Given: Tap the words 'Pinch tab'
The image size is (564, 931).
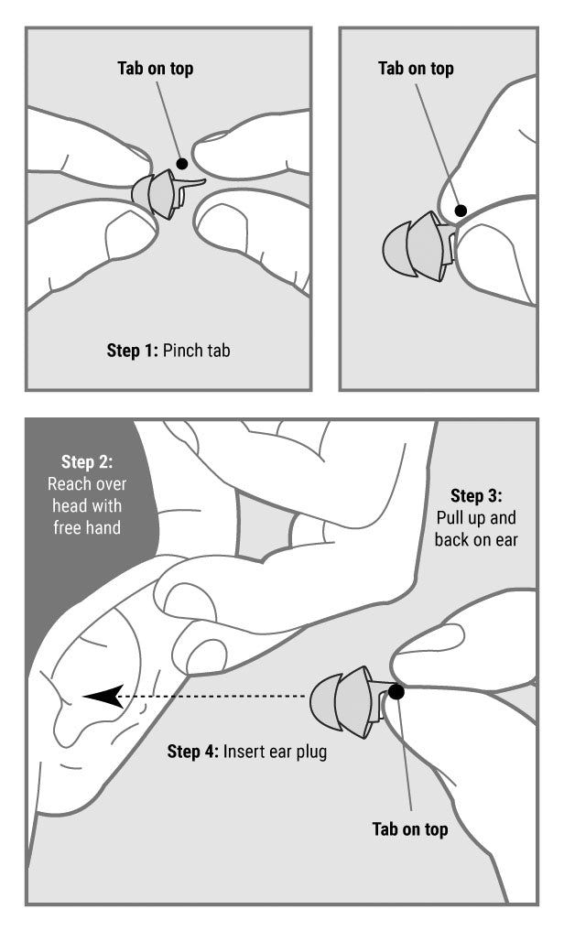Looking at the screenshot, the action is coord(197,351).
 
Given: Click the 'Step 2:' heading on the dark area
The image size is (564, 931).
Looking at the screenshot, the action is coord(87,461).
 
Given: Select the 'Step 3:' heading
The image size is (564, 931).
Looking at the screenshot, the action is coord(476,495).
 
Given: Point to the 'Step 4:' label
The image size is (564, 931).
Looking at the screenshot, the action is coord(193,752).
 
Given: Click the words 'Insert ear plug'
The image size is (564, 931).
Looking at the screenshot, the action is coord(275,752).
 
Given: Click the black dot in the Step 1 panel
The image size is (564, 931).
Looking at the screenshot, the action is coord(182,163).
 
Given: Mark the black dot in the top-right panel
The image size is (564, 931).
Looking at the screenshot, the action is coord(461,211).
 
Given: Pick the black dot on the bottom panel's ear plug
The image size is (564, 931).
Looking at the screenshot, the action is coord(396,692).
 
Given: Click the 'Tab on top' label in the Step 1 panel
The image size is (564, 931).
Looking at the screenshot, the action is coord(156,69).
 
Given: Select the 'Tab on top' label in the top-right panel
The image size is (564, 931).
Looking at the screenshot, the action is coord(417,69).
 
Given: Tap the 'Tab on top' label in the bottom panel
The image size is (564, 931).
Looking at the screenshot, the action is coord(410,828).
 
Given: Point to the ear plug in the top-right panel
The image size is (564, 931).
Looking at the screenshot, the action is coord(419,247).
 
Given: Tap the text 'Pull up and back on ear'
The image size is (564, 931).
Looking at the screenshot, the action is coord(476,528).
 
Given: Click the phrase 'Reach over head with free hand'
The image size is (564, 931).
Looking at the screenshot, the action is coord(87,506).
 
